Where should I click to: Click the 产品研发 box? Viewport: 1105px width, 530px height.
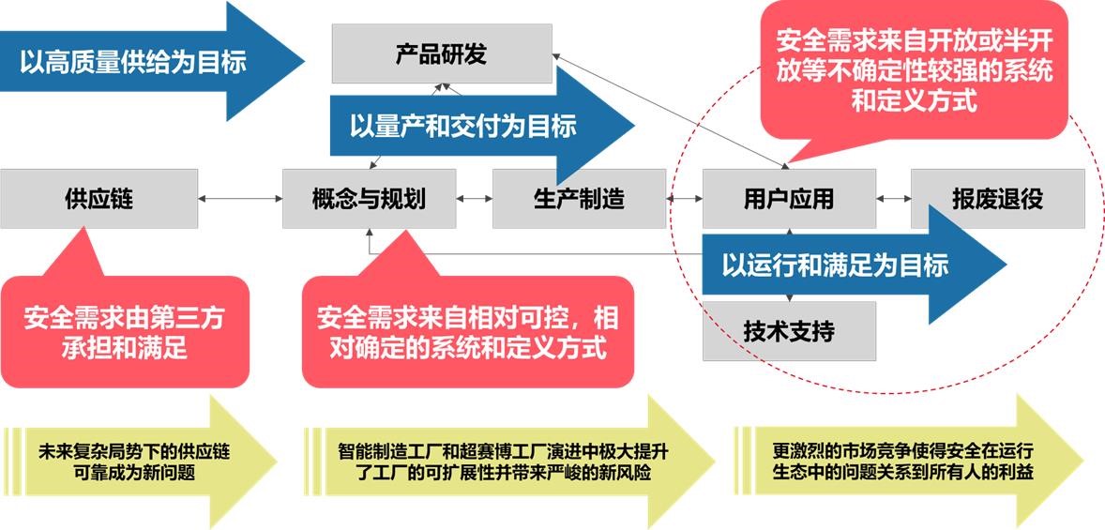442,53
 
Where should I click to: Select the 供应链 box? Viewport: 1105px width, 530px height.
98,199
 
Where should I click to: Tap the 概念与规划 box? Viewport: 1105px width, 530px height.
370,199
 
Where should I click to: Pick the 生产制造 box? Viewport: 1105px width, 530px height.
579,199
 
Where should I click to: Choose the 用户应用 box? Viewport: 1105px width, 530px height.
789,199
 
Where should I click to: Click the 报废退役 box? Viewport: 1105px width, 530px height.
998,199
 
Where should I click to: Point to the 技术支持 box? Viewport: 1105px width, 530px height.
789,331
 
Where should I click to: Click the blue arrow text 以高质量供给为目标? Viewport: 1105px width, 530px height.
133,63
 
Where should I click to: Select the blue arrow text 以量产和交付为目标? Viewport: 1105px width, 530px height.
463,126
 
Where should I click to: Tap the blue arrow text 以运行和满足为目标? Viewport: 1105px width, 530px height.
835,265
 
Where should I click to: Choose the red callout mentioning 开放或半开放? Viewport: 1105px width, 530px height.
915,70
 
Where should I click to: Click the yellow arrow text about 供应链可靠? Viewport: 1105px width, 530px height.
134,462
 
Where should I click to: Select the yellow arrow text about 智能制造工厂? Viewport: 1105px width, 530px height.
503,462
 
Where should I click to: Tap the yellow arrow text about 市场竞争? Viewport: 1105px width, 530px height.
902,462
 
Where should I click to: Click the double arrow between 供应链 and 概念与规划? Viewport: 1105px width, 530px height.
240,199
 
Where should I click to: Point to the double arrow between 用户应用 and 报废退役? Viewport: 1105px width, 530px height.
894,199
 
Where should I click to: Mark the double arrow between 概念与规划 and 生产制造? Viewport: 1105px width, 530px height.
475,199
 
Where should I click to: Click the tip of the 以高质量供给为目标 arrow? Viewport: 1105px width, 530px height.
305,61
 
